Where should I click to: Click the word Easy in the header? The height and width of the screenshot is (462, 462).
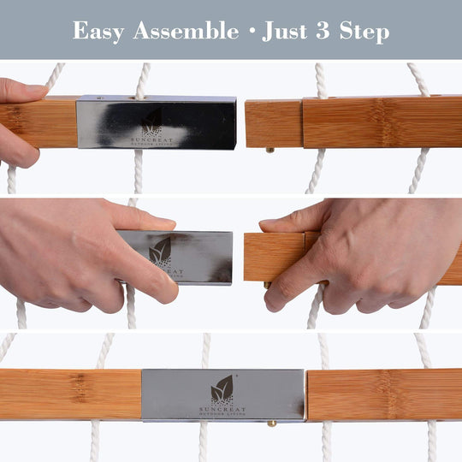point(98,32)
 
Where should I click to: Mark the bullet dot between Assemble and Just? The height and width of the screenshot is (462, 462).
point(251,33)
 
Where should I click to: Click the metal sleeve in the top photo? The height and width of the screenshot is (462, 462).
point(156,122)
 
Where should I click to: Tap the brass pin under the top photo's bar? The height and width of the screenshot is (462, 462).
point(270,150)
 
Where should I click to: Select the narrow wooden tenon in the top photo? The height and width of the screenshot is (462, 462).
point(273,123)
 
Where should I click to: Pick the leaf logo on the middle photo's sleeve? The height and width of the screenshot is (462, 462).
point(160,252)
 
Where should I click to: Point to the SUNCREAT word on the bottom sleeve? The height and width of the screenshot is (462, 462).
point(222,409)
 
